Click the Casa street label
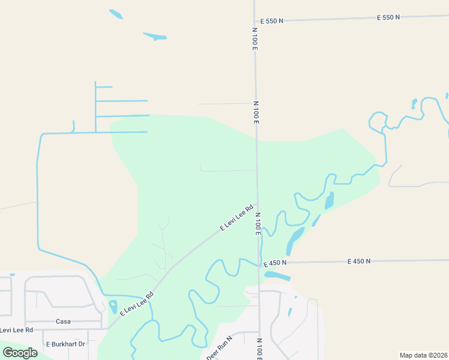(64, 322)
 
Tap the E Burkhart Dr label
(66, 344)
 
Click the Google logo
(20, 353)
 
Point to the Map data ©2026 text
(423, 355)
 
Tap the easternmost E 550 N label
(388, 17)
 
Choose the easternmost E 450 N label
(359, 261)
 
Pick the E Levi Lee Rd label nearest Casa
(137, 304)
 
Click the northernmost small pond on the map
(116, 14)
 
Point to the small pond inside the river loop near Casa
(113, 307)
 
